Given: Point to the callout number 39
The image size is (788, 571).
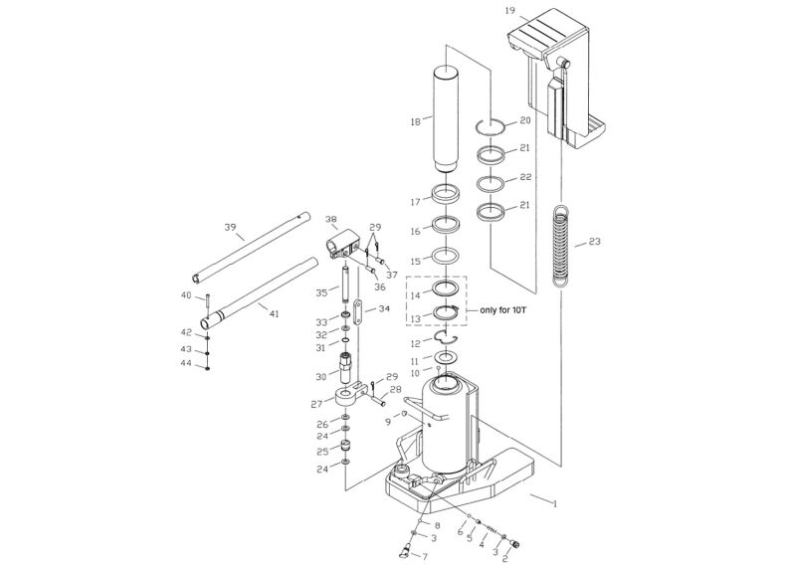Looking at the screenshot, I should (230, 228).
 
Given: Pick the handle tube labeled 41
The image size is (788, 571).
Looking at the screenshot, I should (259, 293).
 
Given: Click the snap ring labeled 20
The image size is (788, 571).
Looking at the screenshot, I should (492, 125).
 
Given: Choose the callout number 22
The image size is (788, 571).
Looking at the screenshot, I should (525, 177).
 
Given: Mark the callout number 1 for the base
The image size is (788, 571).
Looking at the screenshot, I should (554, 503).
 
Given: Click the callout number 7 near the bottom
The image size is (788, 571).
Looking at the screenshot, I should (424, 556).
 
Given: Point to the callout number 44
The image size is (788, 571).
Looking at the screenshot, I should (185, 364).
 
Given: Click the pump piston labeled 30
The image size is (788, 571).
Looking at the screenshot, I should (347, 371).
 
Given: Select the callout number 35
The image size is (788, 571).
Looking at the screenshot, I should (321, 292).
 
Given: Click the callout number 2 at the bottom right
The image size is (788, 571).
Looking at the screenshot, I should (505, 560).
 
